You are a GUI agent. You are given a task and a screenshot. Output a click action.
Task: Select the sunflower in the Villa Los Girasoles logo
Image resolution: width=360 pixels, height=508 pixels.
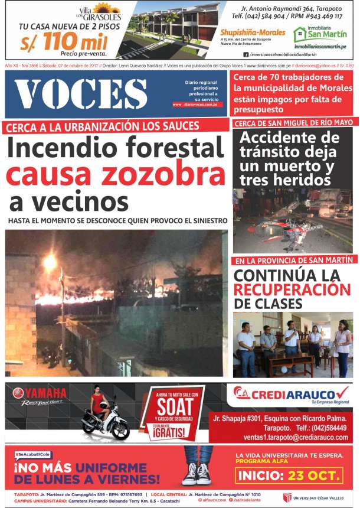(x=107, y=8)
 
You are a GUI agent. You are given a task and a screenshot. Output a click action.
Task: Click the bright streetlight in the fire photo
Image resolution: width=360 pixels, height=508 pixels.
(x=50, y=262)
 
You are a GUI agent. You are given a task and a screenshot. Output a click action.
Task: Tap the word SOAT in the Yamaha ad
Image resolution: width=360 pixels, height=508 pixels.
(x=175, y=406)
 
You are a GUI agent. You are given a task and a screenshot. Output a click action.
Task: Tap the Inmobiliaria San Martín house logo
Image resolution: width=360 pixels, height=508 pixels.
(x=300, y=34)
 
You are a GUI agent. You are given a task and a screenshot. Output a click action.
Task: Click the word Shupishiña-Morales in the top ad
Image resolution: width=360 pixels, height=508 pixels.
(x=252, y=32)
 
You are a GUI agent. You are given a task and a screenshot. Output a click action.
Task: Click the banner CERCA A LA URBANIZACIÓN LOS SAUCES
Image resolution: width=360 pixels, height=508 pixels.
(x=103, y=126)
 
